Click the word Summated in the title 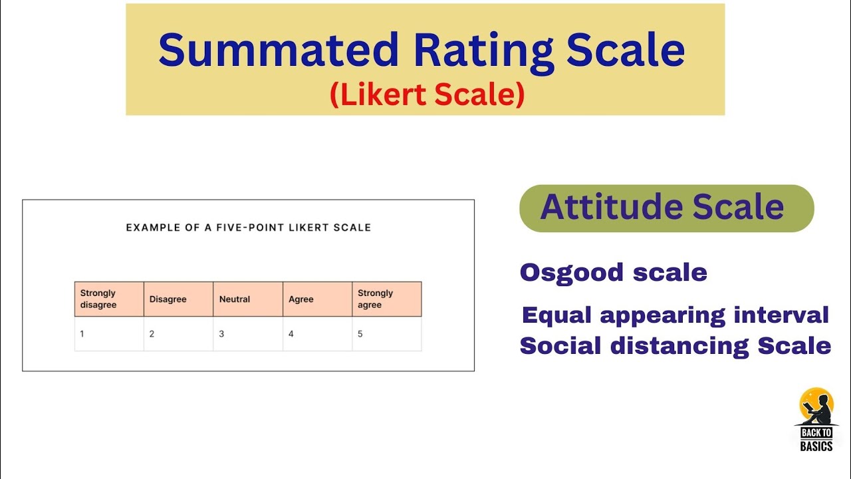278,51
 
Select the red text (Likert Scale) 427,95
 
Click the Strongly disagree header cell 109,299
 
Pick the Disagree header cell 178,299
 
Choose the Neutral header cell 247,299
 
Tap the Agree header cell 317,299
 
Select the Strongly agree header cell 386,299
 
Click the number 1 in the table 82,334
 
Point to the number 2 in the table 152,334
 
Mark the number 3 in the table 221,334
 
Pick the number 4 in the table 291,334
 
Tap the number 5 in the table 360,334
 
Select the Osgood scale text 613,272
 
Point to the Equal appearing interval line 675,315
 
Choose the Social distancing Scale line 675,346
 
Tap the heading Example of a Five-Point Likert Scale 249,228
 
